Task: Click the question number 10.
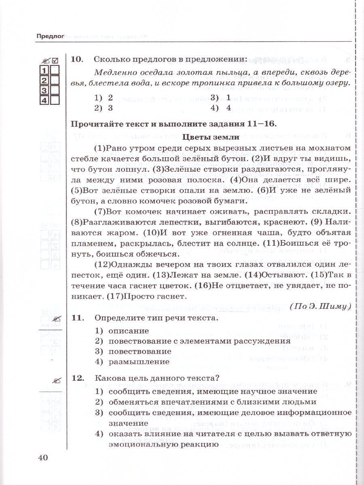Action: tap(76, 59)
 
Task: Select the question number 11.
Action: tap(76, 318)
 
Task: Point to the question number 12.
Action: tap(76, 379)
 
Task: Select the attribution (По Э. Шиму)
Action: tap(320, 306)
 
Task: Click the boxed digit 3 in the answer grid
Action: tap(44, 89)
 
